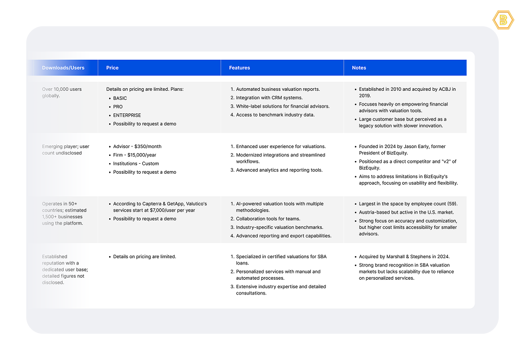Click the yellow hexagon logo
[503, 20]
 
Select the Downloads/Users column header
[63, 68]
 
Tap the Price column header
[112, 68]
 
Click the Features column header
[239, 68]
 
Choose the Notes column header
[359, 68]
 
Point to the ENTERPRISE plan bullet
[127, 115]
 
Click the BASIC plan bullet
[120, 98]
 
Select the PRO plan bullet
[118, 107]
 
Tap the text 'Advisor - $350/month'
[137, 146]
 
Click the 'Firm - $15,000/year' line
[134, 155]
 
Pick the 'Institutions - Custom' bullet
[136, 164]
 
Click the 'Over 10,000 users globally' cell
[62, 92]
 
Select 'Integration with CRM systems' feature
[269, 98]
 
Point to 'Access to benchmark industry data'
[275, 115]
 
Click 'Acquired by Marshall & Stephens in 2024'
[404, 257]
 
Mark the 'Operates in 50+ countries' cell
[63, 213]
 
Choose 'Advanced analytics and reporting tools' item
[279, 170]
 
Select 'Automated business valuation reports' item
[278, 89]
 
